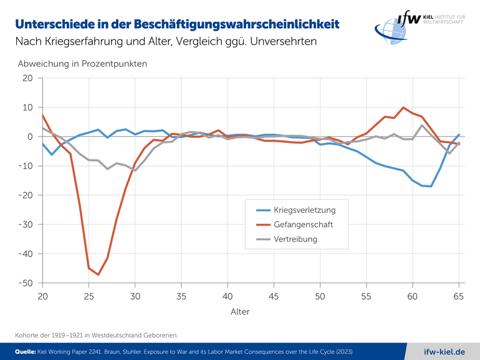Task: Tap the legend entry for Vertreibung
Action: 295,239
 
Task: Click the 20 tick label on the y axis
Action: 27,78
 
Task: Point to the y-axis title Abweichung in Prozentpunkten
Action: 82,64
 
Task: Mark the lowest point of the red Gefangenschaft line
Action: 98,275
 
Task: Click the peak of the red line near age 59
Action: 403,108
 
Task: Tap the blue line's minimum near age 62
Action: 431,186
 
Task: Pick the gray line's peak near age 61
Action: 422,125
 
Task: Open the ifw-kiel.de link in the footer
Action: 444,351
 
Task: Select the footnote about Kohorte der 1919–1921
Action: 97,335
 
